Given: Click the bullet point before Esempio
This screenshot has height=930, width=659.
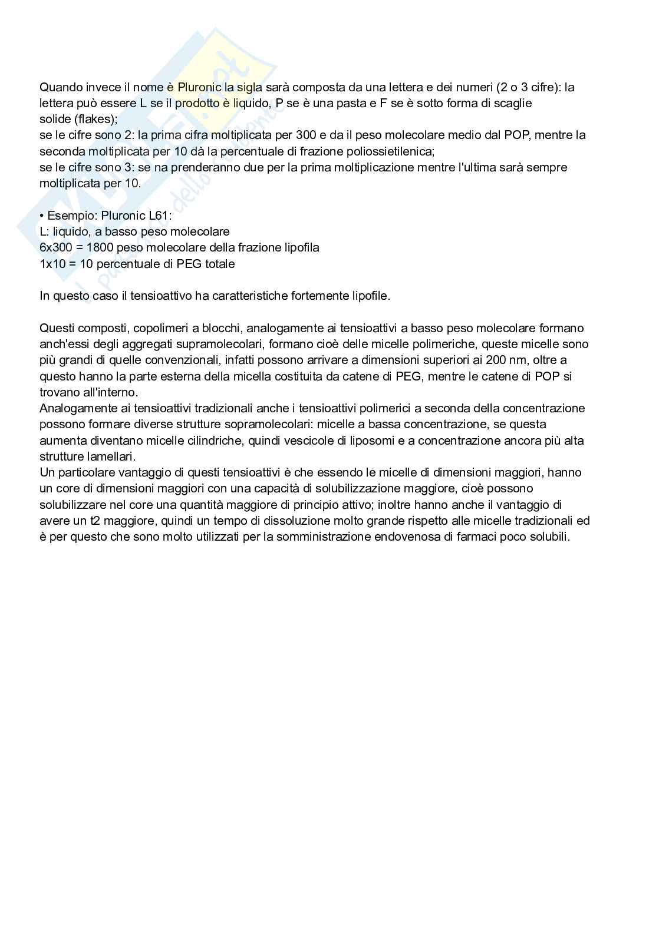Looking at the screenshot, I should click(x=42, y=216).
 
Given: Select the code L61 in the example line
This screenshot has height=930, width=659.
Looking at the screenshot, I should click(x=159, y=216).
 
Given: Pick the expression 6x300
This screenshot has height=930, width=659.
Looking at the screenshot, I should click(x=58, y=247).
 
